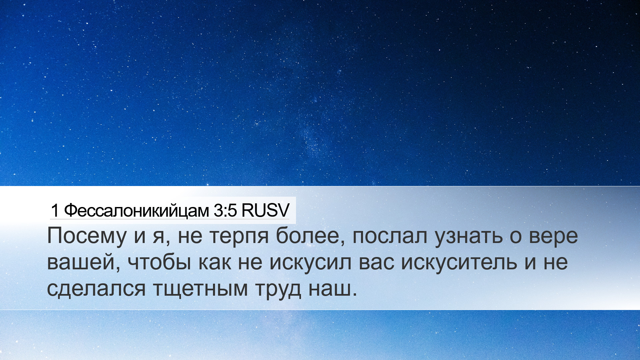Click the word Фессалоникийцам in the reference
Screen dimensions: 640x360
[x=136, y=211]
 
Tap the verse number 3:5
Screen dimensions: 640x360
[x=225, y=211]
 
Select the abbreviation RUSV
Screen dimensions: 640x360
[x=265, y=211]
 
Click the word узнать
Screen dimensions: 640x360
[x=468, y=237]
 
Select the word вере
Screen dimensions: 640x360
[x=554, y=237]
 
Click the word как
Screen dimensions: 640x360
[x=215, y=262]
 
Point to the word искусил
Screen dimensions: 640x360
[x=310, y=262]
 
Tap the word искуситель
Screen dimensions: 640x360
[x=459, y=262]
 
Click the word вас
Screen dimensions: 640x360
[x=376, y=262]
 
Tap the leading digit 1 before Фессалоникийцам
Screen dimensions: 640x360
[x=55, y=211]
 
